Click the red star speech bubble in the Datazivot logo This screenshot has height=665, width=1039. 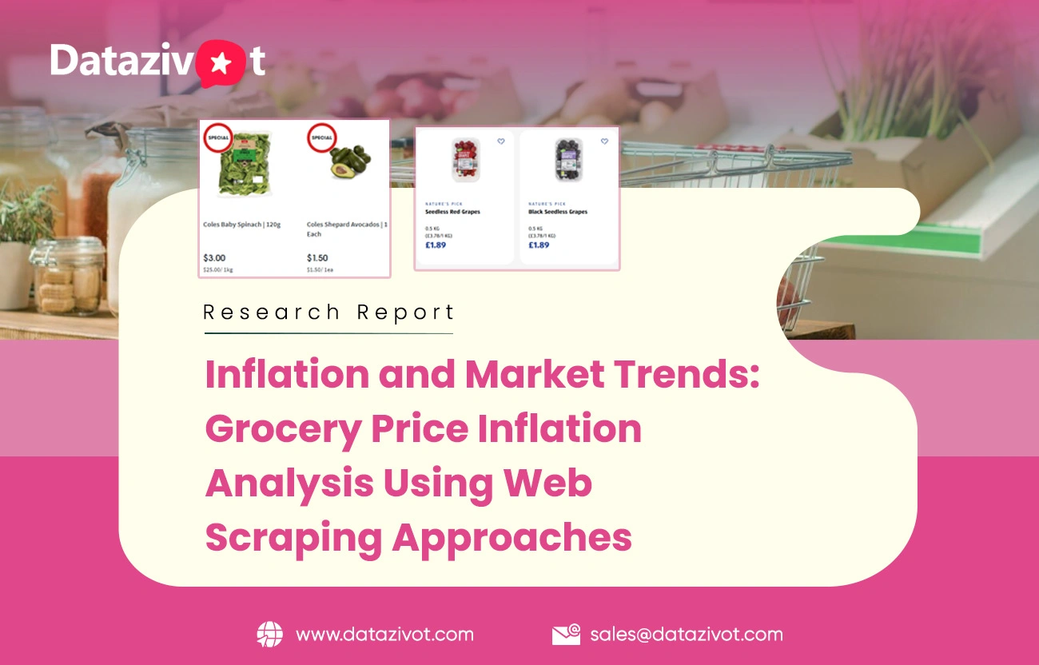[x=218, y=62]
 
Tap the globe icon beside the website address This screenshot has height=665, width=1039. [x=269, y=635]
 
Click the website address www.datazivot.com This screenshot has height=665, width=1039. [x=384, y=635]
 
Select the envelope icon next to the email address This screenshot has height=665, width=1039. [x=566, y=635]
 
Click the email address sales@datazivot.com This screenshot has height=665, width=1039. [x=687, y=635]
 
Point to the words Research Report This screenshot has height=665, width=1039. [x=328, y=312]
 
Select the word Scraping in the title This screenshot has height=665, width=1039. [x=292, y=538]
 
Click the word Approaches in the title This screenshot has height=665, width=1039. [x=512, y=538]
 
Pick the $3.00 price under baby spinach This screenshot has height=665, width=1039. [x=214, y=258]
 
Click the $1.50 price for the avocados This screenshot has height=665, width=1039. [x=317, y=258]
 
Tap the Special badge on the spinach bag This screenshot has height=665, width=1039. [x=217, y=137]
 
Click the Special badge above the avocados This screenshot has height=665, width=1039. [x=321, y=137]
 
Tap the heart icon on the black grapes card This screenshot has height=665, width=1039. [x=604, y=141]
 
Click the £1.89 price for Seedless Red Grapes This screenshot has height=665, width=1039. [x=436, y=245]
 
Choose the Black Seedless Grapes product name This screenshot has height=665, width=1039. [x=558, y=212]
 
